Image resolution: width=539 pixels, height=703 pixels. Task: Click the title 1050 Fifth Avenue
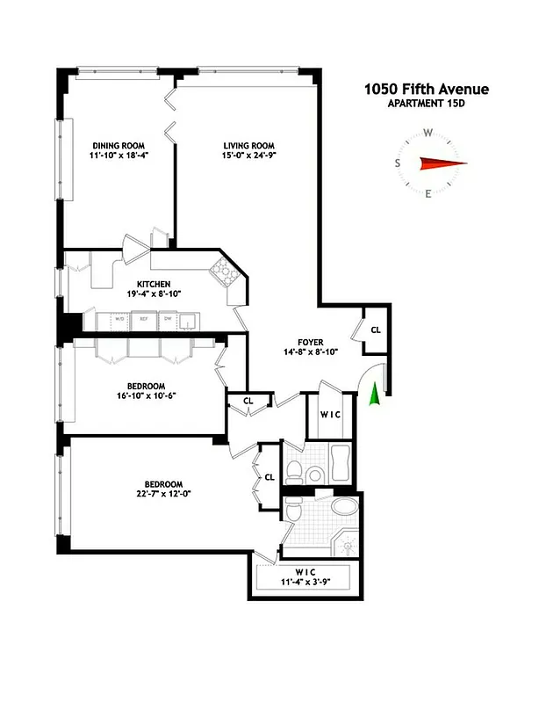(x=427, y=89)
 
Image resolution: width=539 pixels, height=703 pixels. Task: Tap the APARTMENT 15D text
(x=427, y=104)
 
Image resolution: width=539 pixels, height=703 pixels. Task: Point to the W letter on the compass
(x=428, y=134)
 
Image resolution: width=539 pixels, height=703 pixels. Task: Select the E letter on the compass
(x=428, y=194)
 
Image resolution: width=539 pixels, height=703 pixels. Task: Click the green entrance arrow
(x=375, y=395)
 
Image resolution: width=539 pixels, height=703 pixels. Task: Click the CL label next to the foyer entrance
(x=375, y=330)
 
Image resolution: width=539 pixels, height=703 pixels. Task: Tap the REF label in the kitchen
(x=142, y=320)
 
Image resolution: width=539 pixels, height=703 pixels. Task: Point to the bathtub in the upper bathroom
(x=338, y=462)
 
